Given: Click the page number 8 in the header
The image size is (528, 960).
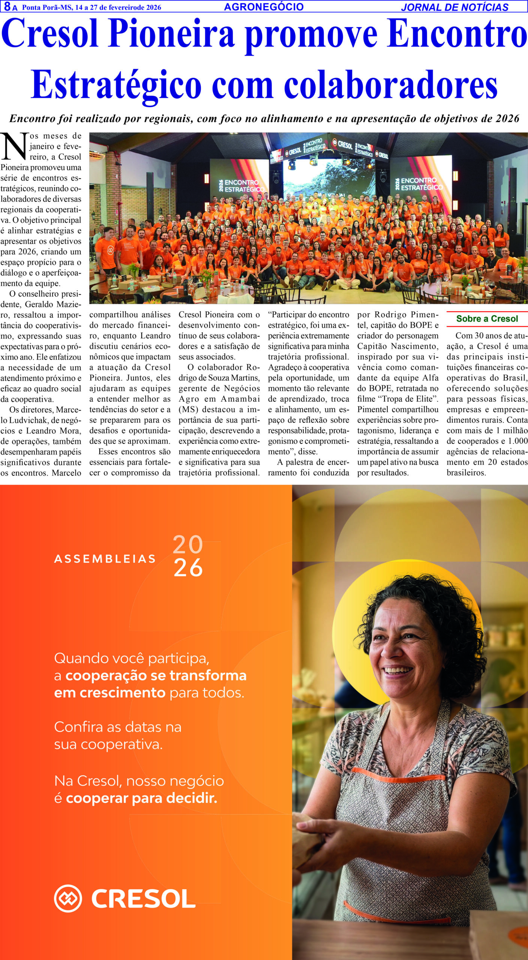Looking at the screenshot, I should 7,6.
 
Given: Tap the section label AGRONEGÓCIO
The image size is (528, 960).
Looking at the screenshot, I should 264,7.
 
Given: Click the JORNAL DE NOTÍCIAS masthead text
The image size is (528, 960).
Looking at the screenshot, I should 454,7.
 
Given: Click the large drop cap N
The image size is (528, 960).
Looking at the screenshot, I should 14,146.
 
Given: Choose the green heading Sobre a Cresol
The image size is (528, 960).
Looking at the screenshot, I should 487,319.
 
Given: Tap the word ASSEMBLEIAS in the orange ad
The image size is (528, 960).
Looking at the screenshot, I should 105,559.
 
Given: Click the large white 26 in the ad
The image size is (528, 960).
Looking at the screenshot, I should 188,568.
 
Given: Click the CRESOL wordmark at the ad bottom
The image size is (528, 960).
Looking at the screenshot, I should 143,899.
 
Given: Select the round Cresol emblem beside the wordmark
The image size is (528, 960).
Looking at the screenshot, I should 68,898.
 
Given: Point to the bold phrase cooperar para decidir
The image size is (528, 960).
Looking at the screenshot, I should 141,798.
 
